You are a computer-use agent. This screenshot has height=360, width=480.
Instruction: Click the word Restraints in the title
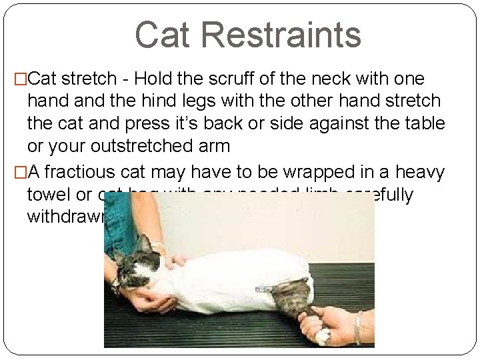tap(287, 35)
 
